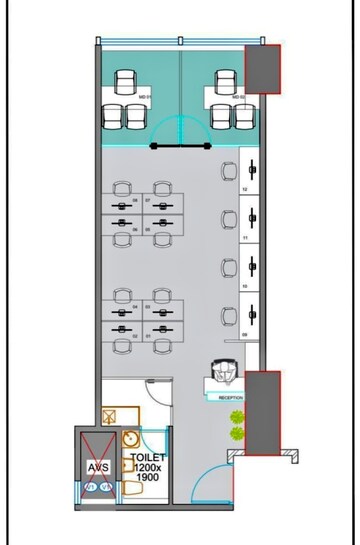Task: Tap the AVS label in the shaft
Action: [x=97, y=466]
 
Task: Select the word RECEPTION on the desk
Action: [x=231, y=397]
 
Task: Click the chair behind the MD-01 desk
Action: [x=126, y=80]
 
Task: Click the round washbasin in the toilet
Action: [x=130, y=438]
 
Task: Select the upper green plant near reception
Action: [x=237, y=416]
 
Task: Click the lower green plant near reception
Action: [x=237, y=433]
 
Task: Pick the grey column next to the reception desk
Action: [x=263, y=410]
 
